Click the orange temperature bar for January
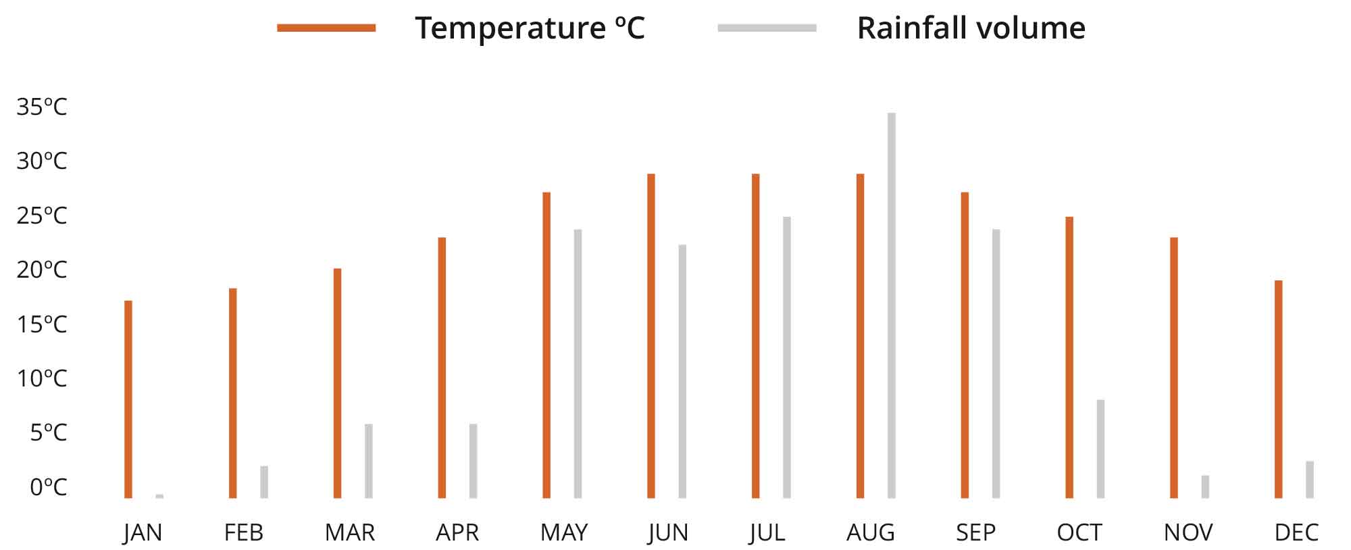pyautogui.click(x=128, y=399)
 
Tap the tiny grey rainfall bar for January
pyautogui.click(x=159, y=496)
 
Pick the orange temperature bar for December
pyautogui.click(x=1279, y=389)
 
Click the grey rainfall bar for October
pyautogui.click(x=1100, y=449)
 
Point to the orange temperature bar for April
pyautogui.click(x=442, y=368)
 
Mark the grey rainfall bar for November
pyautogui.click(x=1205, y=486)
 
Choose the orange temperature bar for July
pyautogui.click(x=755, y=336)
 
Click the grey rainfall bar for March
pyautogui.click(x=369, y=461)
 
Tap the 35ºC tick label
pyautogui.click(x=42, y=107)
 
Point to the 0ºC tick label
pyautogui.click(x=49, y=486)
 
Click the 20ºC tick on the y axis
pyautogui.click(x=42, y=270)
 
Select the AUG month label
pyautogui.click(x=870, y=532)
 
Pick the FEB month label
pyautogui.click(x=243, y=532)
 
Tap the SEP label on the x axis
pyautogui.click(x=975, y=532)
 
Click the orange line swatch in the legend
pyautogui.click(x=326, y=28)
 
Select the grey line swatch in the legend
pyautogui.click(x=767, y=28)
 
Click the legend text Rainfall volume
pyautogui.click(x=971, y=28)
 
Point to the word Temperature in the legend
pyautogui.click(x=510, y=28)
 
